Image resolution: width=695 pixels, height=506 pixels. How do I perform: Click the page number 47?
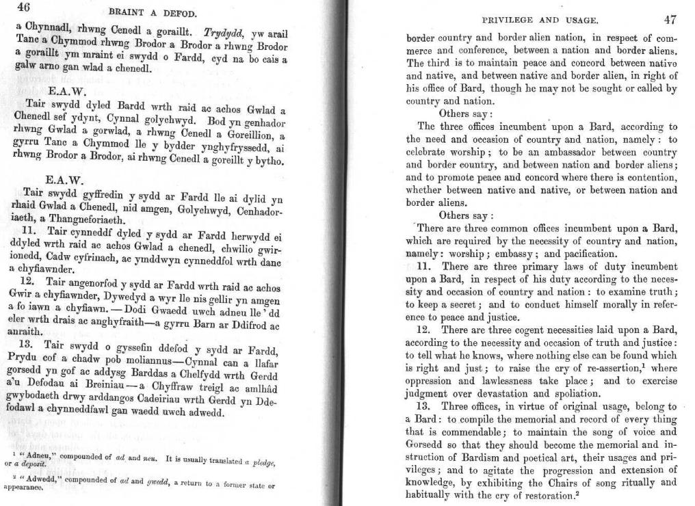[x=669, y=19]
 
